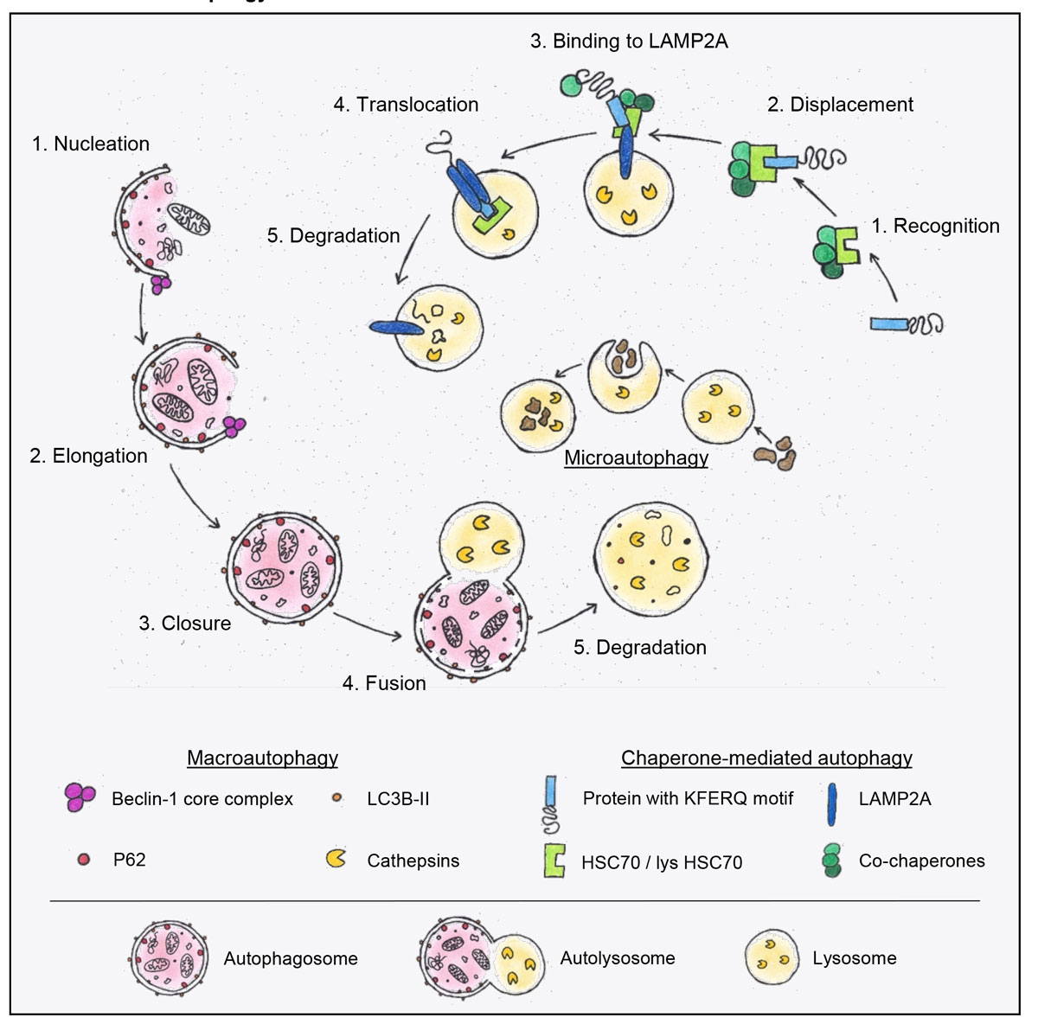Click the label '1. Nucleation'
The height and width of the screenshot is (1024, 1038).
click(91, 144)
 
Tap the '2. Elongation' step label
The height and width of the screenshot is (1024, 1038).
click(88, 456)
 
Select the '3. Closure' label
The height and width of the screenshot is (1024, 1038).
click(184, 624)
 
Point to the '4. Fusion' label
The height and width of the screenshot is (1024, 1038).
click(384, 683)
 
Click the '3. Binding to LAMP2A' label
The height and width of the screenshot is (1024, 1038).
click(629, 41)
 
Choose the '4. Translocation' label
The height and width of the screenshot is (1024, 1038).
click(406, 105)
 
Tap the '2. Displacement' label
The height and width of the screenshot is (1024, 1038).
click(840, 105)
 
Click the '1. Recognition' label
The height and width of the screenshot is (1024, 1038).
click(935, 226)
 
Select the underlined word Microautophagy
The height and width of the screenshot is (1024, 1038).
click(636, 458)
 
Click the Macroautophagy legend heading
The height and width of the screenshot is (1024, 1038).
click(262, 758)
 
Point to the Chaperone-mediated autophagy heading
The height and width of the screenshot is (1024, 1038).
click(766, 758)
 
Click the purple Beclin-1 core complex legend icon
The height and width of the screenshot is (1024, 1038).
click(80, 797)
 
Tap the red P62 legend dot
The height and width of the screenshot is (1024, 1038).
click(84, 860)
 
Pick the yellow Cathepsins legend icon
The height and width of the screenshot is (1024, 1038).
click(336, 859)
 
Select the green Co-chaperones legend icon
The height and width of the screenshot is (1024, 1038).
click(832, 861)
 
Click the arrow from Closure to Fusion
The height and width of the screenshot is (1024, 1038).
click(367, 628)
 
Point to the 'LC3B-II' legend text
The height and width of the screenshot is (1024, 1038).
click(398, 798)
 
